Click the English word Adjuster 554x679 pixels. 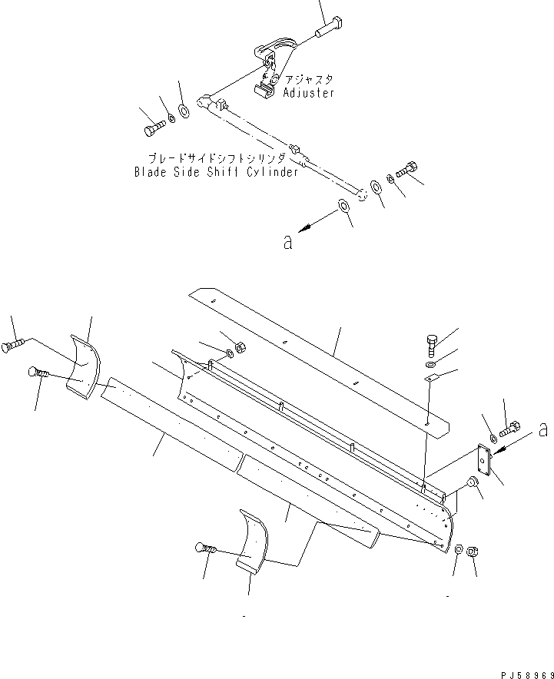pos(309,93)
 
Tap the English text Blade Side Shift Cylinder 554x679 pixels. pos(216,172)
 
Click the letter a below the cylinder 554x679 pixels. pos(287,241)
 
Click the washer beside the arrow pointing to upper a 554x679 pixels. pos(341,207)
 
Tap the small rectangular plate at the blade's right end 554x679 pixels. pos(485,460)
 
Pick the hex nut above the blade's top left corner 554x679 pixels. pos(238,347)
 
